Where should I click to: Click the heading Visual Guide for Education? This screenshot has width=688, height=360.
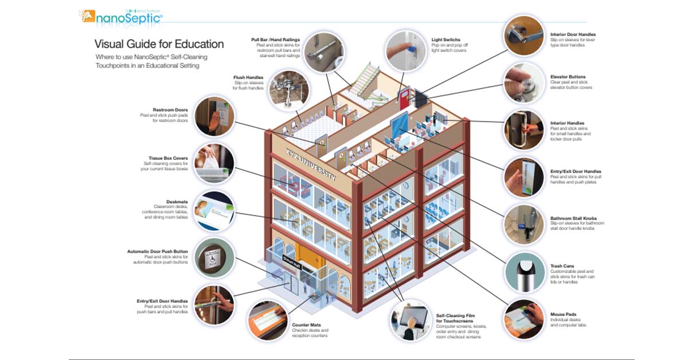159,44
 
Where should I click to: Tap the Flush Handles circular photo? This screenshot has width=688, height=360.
288,89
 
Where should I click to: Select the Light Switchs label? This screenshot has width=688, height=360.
445,40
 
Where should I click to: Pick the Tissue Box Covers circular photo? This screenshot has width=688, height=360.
214,162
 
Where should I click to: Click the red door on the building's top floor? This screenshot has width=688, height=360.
405,97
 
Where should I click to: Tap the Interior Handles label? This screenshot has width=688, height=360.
567,123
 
